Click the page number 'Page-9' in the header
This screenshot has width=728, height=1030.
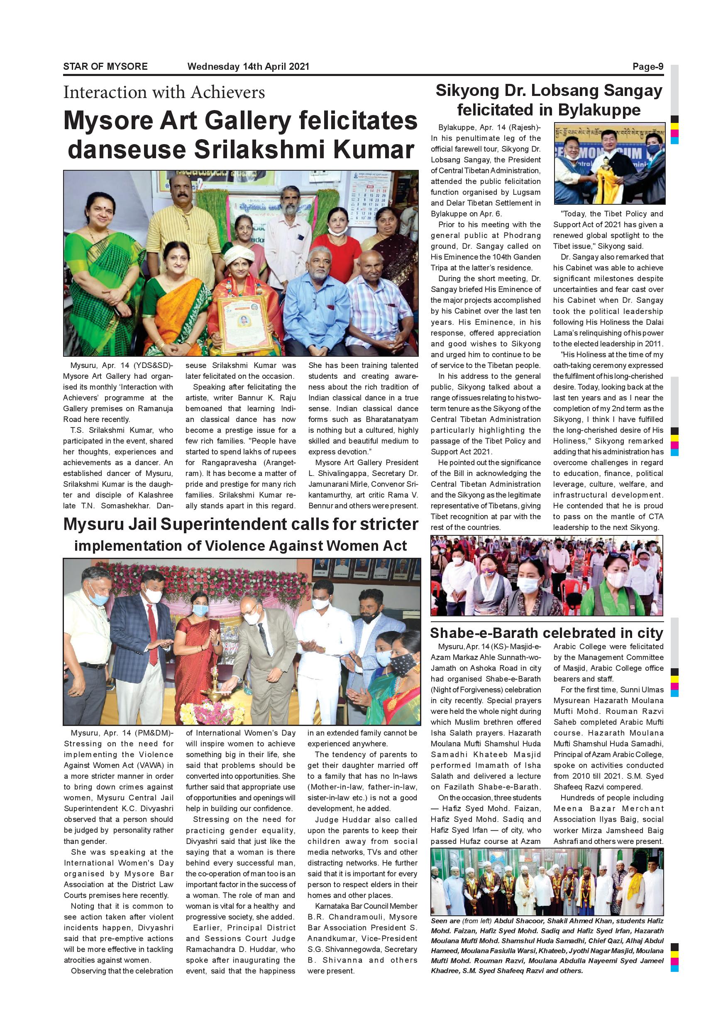click(647, 67)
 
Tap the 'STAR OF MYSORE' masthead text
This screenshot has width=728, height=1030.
click(105, 67)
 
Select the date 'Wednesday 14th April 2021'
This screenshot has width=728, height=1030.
click(248, 67)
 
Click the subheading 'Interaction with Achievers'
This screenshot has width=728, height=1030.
click(164, 93)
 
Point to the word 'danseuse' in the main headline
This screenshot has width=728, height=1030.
click(127, 150)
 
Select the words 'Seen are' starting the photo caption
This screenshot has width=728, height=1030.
click(443, 921)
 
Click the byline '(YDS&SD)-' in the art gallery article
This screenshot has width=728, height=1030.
click(153, 365)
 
